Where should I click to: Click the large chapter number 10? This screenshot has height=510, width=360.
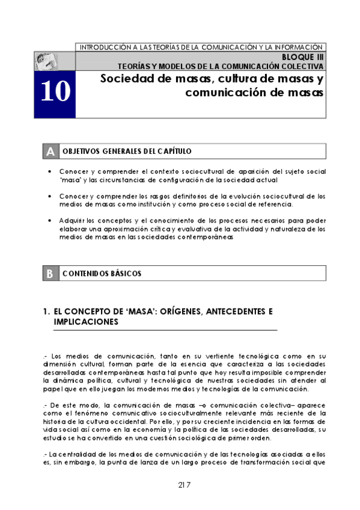[55, 92]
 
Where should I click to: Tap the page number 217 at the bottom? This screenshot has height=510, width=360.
[185, 485]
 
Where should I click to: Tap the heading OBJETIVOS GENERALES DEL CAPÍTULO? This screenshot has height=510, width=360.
[127, 152]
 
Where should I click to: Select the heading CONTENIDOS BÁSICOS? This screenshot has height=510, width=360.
[102, 274]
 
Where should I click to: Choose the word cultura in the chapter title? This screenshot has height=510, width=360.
[224, 79]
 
